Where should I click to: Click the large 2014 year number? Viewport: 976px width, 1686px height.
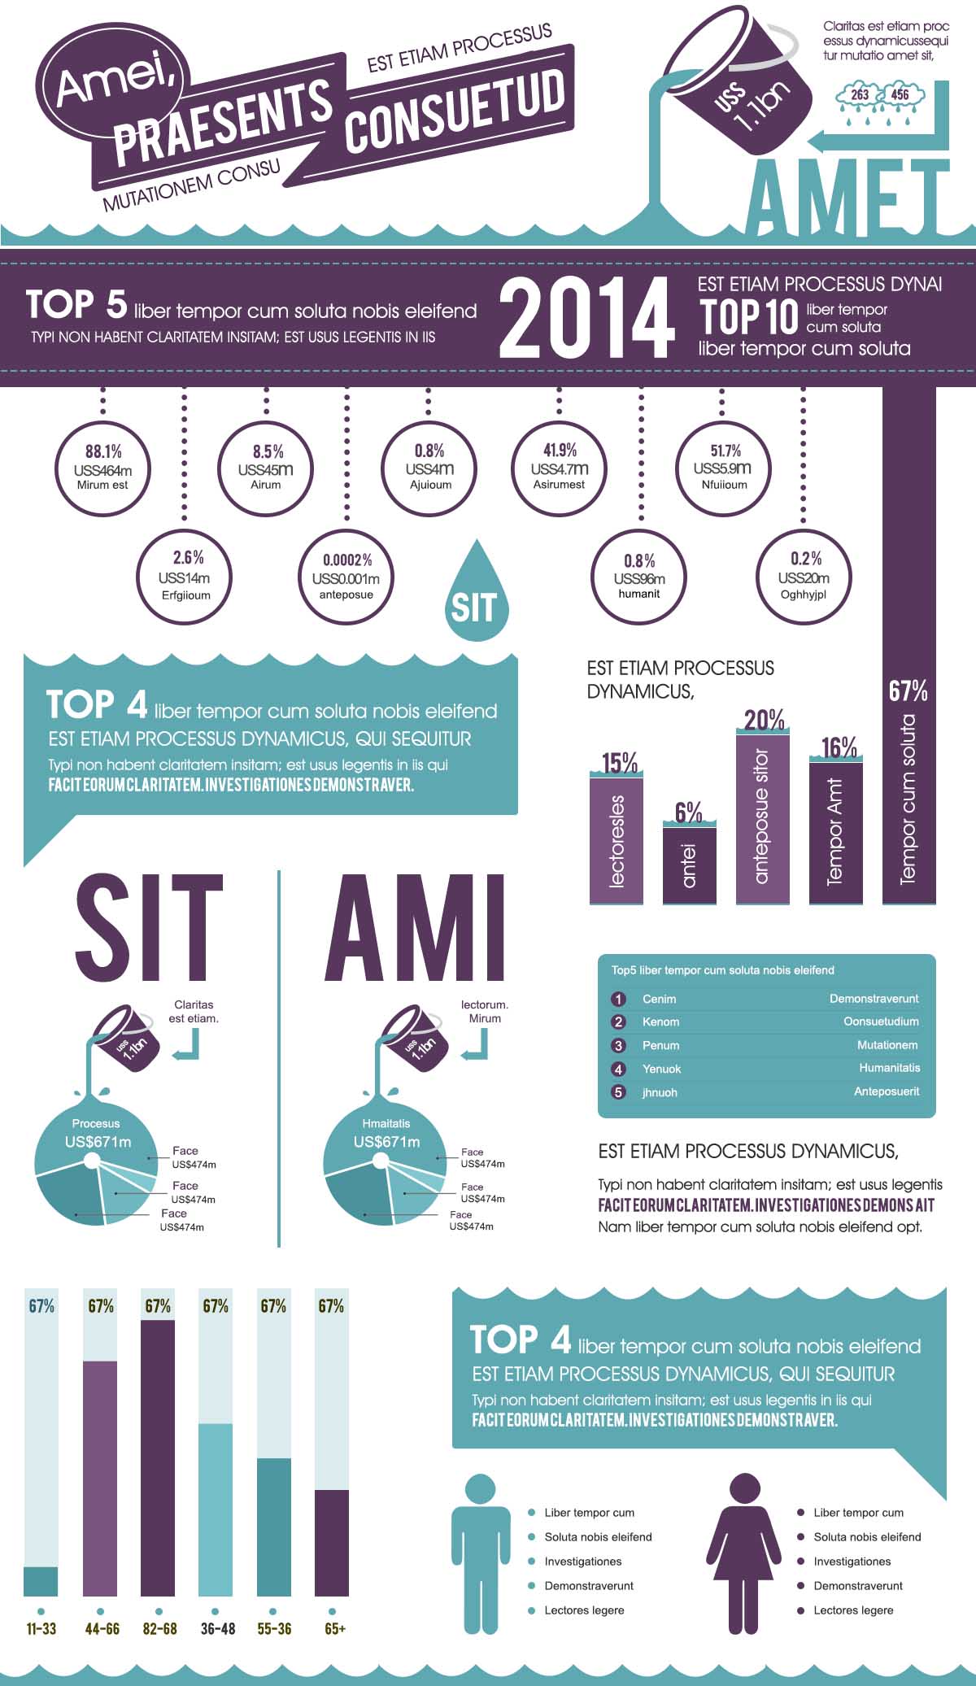586,317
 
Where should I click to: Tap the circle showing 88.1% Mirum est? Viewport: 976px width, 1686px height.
102,468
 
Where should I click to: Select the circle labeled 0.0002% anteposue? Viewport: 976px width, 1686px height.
346,577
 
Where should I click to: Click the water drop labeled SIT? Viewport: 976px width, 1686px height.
477,598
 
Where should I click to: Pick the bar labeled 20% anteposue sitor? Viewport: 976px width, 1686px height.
763,817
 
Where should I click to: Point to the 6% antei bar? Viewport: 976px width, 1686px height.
690,864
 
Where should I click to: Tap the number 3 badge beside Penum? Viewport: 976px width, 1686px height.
618,1045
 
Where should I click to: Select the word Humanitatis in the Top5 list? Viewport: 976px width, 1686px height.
890,1068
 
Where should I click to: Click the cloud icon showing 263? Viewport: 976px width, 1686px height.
859,96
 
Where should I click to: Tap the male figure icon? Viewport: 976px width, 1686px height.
481,1553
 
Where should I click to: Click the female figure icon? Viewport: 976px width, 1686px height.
743,1553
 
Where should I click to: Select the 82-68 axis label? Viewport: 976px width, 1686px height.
159,1629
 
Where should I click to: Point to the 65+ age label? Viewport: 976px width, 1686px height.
334,1629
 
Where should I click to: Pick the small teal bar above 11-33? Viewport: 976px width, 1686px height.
41,1581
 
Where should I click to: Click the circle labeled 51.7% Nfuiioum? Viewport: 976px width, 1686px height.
724,468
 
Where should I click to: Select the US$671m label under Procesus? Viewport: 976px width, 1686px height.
98,1142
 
